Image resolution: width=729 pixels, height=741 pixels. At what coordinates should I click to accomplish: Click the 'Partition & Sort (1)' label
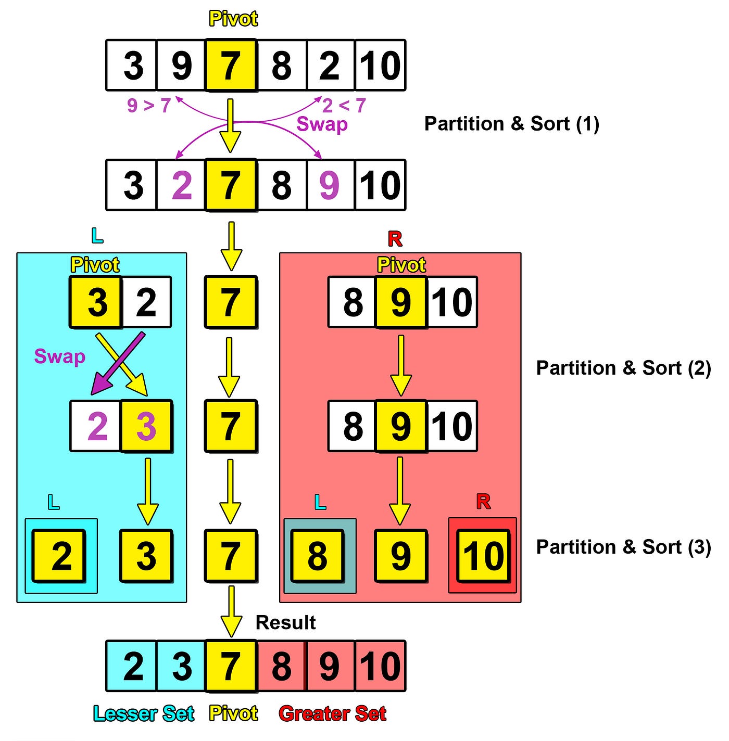click(511, 124)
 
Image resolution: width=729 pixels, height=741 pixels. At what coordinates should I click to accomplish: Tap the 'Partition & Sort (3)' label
click(623, 547)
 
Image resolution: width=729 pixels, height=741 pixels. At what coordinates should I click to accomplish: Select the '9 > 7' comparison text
click(149, 106)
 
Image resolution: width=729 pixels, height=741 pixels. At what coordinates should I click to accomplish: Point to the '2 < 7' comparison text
click(344, 106)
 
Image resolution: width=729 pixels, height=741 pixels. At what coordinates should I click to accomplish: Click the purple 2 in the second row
click(182, 185)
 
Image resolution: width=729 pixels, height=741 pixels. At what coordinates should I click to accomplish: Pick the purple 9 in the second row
click(329, 185)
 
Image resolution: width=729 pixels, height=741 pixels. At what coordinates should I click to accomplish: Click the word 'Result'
click(285, 622)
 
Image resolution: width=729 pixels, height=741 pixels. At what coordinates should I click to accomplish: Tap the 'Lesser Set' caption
click(144, 713)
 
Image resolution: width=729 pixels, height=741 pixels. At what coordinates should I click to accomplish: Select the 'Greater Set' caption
click(332, 713)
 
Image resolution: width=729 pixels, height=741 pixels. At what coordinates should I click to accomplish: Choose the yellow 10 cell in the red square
click(483, 556)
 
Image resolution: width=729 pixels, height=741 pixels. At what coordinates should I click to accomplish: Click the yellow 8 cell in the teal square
click(317, 556)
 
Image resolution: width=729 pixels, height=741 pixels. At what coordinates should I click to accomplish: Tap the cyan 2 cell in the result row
click(133, 666)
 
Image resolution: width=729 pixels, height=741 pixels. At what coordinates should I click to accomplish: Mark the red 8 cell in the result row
click(282, 666)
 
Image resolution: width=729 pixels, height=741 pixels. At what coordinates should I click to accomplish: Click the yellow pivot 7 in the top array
click(231, 66)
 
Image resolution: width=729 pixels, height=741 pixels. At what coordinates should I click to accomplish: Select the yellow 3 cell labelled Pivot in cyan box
click(96, 302)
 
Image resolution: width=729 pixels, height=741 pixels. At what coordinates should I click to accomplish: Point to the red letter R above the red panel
click(395, 239)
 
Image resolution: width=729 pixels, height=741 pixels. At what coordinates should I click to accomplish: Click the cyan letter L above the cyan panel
click(97, 236)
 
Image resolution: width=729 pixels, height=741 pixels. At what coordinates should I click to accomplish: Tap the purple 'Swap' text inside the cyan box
click(59, 356)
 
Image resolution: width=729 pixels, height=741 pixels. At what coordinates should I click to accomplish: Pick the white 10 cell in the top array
click(380, 66)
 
